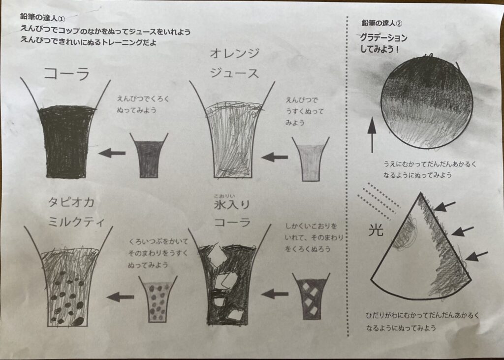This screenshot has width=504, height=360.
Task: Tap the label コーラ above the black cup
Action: coord(67,74)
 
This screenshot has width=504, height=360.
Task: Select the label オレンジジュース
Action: coord(234,63)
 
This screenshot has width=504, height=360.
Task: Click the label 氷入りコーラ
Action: coord(231,213)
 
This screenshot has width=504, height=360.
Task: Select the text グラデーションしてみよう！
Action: coord(384,43)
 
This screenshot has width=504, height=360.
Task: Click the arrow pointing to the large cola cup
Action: coord(112,153)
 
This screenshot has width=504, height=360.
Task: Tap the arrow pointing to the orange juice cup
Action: coord(274,157)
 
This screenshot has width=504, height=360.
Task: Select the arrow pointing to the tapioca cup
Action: coord(120,296)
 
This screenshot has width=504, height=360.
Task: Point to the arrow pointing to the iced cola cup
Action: coord(274,294)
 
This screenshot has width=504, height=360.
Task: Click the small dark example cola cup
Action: coord(149,157)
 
